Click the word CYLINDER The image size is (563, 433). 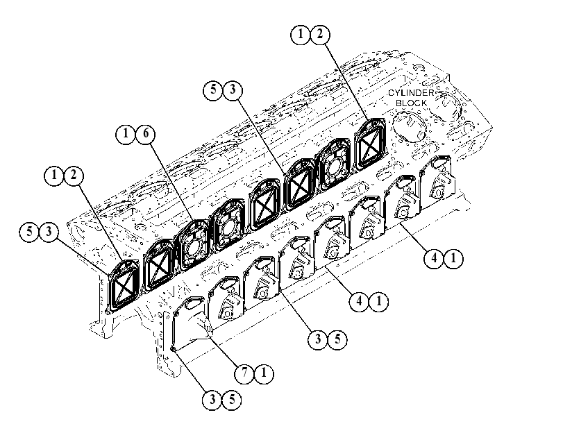pyautogui.click(x=411, y=93)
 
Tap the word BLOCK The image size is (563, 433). pyautogui.click(x=412, y=103)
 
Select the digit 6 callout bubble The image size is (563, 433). pyautogui.click(x=146, y=133)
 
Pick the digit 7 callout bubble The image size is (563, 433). pyautogui.click(x=244, y=373)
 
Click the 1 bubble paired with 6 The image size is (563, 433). pyautogui.click(x=126, y=133)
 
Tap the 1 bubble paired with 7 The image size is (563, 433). pyautogui.click(x=264, y=373)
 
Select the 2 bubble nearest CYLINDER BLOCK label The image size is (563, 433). pyautogui.click(x=320, y=34)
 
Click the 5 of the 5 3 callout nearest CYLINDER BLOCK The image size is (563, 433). pyautogui.click(x=213, y=90)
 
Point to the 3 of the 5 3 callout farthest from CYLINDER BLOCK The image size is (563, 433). pyautogui.click(x=49, y=232)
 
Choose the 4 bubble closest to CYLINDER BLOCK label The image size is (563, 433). pyautogui.click(x=434, y=258)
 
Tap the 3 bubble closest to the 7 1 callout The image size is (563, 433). pyautogui.click(x=212, y=400)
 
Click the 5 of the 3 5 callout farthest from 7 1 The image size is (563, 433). pyautogui.click(x=337, y=339)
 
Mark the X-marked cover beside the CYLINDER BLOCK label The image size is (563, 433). pyautogui.click(x=370, y=144)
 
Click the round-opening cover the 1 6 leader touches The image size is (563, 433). pyautogui.click(x=193, y=245)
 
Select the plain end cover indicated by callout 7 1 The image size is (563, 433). pyautogui.click(x=190, y=321)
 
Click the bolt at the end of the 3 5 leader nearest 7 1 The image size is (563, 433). pyautogui.click(x=173, y=349)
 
